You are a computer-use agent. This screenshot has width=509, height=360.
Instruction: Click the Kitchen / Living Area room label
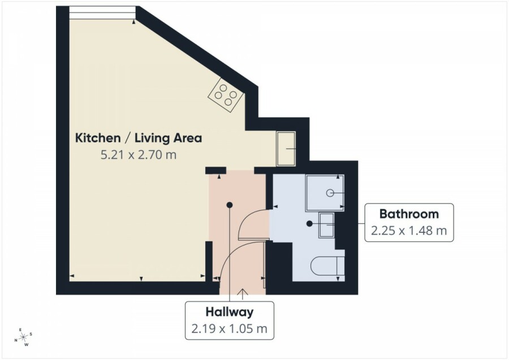click(139, 138)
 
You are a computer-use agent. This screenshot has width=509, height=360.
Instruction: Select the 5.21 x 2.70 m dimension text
click(139, 155)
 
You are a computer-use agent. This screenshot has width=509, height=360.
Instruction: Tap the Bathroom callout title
click(409, 214)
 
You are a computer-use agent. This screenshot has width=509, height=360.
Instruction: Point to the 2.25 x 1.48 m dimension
click(409, 231)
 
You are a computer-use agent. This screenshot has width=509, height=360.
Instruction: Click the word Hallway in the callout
click(230, 313)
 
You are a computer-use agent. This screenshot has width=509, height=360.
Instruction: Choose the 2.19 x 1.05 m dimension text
click(230, 329)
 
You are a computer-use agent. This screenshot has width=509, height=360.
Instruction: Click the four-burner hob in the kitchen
click(226, 95)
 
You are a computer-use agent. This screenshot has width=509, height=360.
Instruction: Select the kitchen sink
click(286, 149)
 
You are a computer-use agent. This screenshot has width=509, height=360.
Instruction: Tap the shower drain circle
click(330, 193)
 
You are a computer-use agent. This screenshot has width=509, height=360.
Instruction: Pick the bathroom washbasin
click(326, 225)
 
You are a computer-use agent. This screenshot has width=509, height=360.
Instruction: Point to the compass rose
click(23, 337)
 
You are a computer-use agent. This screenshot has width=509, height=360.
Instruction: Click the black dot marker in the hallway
click(230, 205)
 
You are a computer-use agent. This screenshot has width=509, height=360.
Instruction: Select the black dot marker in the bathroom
click(309, 223)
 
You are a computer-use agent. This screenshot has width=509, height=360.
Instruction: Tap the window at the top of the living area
click(102, 12)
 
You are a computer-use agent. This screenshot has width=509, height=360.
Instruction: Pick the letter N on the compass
click(16, 340)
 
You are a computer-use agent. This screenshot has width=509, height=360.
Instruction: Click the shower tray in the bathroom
click(325, 193)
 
